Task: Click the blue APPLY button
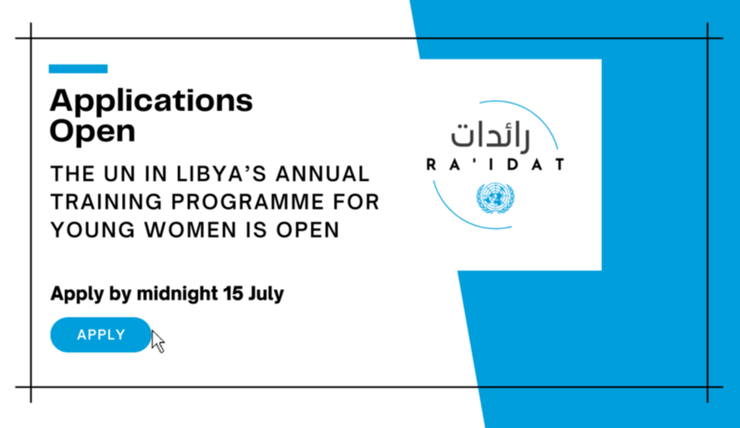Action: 101,334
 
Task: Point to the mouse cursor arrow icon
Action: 158,342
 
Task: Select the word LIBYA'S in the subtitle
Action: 221,174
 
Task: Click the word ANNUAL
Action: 323,174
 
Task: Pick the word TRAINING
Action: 106,201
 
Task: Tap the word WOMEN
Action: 191,230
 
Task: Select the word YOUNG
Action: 93,230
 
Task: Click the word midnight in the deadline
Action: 178,293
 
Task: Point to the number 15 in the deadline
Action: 233,293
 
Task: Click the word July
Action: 266,294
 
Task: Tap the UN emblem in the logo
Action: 495,198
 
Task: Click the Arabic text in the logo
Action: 491,137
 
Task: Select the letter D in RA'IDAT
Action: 512,164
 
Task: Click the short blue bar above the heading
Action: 78,68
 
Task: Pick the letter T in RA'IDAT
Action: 560,164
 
